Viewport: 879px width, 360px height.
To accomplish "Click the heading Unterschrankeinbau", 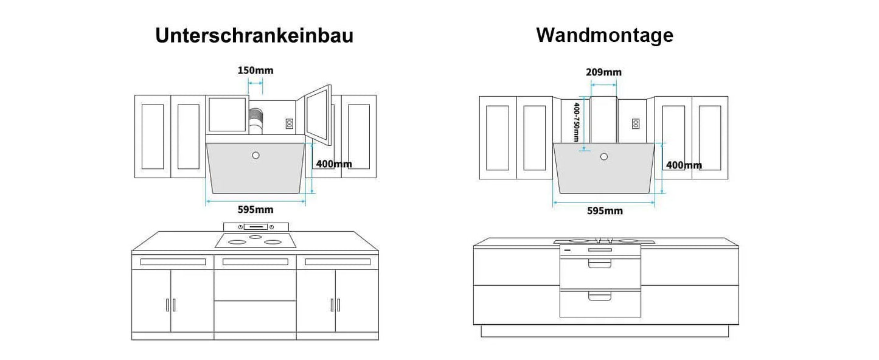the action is (254, 35).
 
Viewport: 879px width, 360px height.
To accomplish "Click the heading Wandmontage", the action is (605, 35).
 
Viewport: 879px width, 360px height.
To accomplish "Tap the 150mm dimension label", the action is (255, 71).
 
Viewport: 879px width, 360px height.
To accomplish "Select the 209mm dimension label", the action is (603, 72).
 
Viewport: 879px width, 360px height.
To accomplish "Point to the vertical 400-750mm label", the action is (576, 122).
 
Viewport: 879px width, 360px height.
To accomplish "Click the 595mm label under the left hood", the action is (255, 209).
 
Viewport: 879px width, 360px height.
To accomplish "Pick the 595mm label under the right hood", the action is (605, 211).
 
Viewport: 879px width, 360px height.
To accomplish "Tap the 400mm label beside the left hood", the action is (334, 164).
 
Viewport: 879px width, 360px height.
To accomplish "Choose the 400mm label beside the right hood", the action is (684, 165).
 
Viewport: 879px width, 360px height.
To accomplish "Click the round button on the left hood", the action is (255, 155).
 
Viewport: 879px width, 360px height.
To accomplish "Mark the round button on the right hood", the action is (604, 156).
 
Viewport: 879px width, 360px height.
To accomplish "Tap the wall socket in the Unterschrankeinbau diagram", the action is (289, 123).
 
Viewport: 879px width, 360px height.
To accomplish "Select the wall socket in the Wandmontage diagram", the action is (636, 124).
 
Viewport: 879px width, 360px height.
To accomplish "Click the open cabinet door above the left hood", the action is (318, 115).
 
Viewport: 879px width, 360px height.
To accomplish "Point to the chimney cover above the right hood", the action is (603, 120).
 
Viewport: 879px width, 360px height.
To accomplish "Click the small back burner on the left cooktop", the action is (255, 237).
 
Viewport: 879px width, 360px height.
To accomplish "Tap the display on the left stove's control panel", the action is (255, 227).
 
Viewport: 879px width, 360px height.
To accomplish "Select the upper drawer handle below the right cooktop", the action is (600, 264).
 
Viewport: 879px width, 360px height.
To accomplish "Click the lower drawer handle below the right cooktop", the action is (600, 296).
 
